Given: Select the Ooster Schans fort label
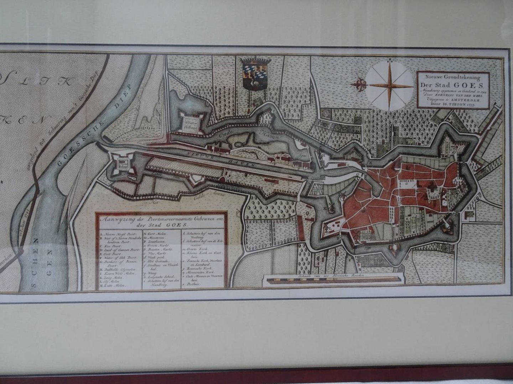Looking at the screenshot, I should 191,123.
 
